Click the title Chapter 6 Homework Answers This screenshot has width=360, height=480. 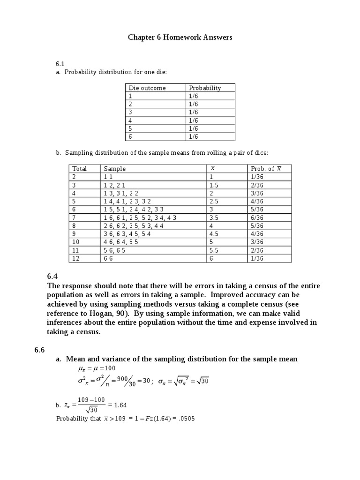pos(180,37)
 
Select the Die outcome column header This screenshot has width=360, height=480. pos(147,88)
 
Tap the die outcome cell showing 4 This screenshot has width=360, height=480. pos(131,120)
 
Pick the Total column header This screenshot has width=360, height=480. pos(79,169)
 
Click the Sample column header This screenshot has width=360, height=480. pos(115,169)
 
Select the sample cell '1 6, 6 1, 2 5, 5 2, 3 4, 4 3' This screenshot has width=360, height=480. pos(140,217)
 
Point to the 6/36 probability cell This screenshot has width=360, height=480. pos(257,217)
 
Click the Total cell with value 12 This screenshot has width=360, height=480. pos(76,258)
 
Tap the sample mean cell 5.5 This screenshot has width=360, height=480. pos(215,250)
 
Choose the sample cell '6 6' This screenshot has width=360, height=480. pos(109,258)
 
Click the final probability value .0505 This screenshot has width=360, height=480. pos(186,419)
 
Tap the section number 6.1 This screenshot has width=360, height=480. pos(60,63)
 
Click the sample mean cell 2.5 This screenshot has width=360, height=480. pos(215,201)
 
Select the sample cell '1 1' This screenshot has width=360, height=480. pos(108,177)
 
